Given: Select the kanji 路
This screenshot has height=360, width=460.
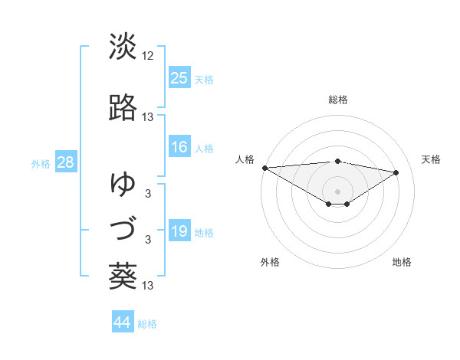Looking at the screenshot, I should (x=123, y=108).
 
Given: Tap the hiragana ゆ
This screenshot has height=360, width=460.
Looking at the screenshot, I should (x=123, y=184).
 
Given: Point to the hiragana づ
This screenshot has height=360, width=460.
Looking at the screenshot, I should (x=123, y=229).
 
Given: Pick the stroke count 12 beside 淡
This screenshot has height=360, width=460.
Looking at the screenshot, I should (x=149, y=55).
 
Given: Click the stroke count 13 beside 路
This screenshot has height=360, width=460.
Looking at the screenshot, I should (x=149, y=117).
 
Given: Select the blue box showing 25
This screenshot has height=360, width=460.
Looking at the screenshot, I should (x=179, y=78).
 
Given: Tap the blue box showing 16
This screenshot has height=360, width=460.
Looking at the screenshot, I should (x=179, y=147).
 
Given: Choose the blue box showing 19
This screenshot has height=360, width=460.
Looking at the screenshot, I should (x=179, y=231).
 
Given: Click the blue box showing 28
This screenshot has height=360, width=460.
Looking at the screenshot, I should (x=65, y=162).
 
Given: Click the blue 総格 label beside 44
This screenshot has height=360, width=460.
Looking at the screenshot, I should (x=147, y=324).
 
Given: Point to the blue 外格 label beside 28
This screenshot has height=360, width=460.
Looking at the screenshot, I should (x=41, y=164).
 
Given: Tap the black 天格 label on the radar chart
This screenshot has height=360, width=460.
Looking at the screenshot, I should (x=432, y=159).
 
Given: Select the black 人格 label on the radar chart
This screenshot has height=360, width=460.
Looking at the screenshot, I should (x=245, y=159).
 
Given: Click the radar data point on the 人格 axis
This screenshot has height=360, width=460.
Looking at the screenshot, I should (x=264, y=168).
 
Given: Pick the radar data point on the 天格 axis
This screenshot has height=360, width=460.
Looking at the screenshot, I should (x=396, y=172).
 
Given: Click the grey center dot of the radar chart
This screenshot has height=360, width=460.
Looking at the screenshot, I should (x=337, y=191).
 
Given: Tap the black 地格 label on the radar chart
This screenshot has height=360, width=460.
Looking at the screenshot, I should (x=402, y=263).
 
